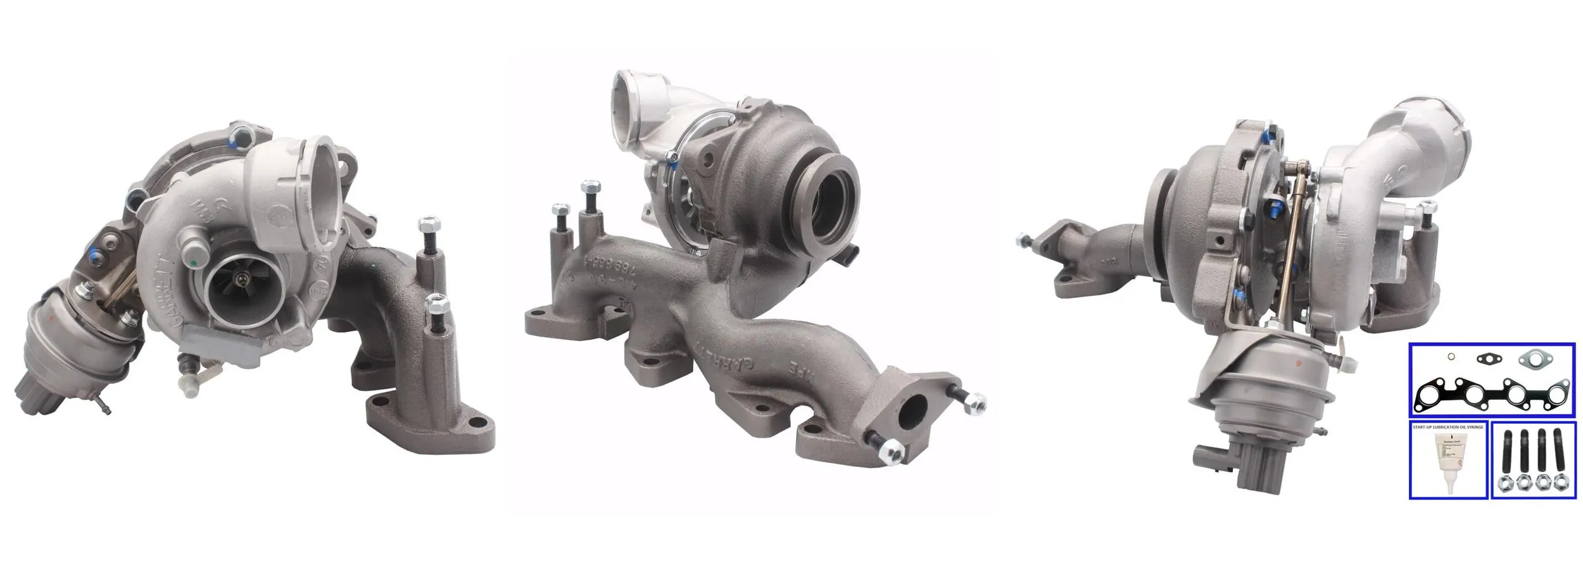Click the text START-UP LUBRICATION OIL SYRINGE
click(1447, 428)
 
